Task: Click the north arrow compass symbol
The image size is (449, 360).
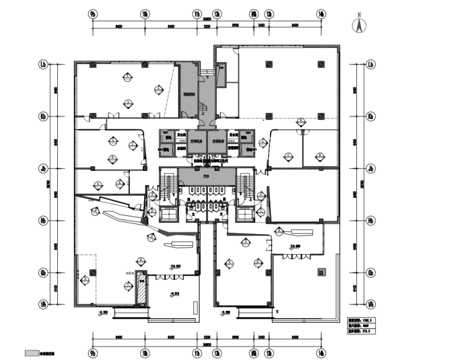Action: click(357, 27)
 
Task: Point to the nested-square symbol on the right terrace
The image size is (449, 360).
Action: click(321, 273)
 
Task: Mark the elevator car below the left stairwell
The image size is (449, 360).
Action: click(168, 213)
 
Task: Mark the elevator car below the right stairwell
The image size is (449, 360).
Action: click(243, 213)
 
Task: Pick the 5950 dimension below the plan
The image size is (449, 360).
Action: click(235, 338)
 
